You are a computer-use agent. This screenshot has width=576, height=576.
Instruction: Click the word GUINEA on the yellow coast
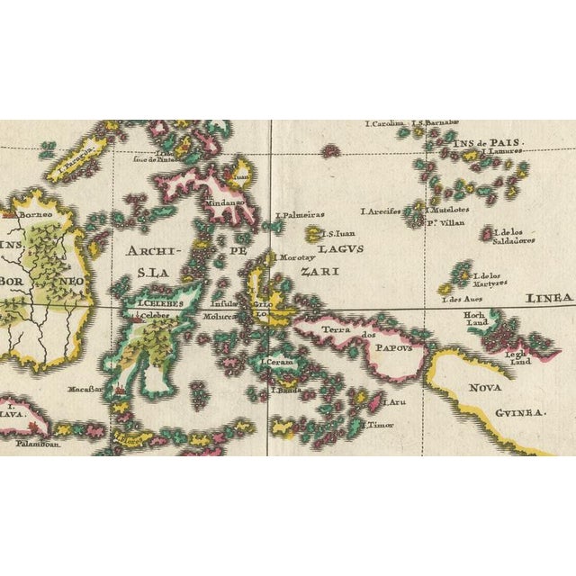518,412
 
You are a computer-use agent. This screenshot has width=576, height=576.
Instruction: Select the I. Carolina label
386,124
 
